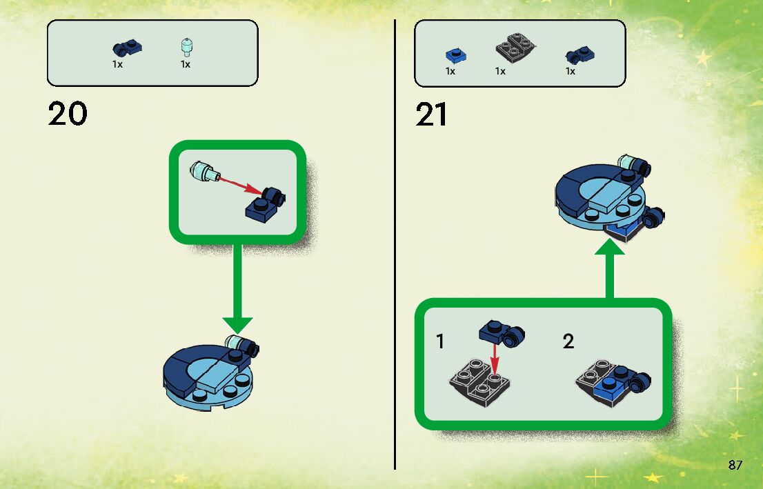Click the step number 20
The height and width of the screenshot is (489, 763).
pos(68,114)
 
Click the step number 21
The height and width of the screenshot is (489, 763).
pos(432,114)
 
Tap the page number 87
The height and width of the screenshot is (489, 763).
pos(735,465)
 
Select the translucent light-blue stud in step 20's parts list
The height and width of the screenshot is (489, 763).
pos(185,46)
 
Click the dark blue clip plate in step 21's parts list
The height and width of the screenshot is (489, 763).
pos(579,55)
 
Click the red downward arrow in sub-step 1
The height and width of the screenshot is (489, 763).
pos(495,357)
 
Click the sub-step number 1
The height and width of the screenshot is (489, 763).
pos(440,341)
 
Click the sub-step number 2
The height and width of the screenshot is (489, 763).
pos(568,341)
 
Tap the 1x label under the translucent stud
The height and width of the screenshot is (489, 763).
pos(185,64)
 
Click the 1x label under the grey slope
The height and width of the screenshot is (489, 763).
pos(500,71)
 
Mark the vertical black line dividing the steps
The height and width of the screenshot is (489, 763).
pos(395,241)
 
